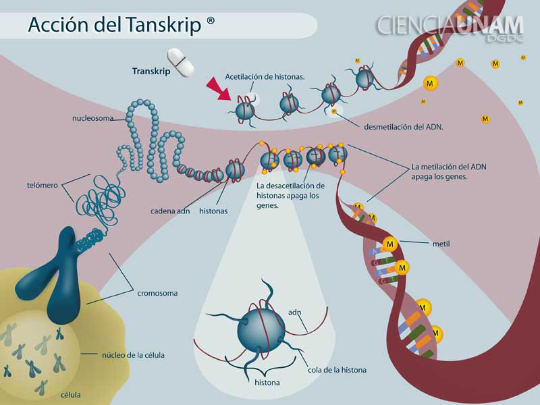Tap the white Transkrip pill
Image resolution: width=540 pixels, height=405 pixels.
tap(180, 61)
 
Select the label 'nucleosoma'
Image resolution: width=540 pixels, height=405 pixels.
tap(98, 119)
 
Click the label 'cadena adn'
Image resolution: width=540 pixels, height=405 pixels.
tap(169, 211)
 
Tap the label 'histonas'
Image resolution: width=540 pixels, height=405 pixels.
tap(213, 211)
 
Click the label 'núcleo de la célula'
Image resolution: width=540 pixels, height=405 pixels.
tap(133, 354)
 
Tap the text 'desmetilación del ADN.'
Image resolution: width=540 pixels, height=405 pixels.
tap(403, 126)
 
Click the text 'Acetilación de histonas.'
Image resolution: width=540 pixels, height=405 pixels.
tap(265, 76)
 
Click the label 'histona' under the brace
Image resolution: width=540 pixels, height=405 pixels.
tap(267, 383)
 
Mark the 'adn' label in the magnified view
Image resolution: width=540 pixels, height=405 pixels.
tap(294, 313)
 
